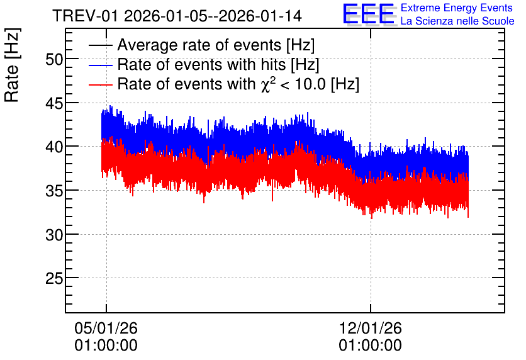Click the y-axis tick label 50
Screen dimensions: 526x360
point(54,60)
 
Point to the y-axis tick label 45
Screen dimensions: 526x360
point(54,104)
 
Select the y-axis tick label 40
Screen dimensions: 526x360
point(54,147)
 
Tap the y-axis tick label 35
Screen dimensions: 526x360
point(54,191)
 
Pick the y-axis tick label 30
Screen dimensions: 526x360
point(54,235)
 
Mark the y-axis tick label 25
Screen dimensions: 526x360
point(54,278)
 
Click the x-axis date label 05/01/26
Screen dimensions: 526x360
point(106,328)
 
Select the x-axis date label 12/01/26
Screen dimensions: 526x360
point(371,328)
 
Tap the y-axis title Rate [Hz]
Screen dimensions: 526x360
point(12,65)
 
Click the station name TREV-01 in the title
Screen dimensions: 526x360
point(85,16)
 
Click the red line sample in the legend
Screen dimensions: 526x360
point(100,84)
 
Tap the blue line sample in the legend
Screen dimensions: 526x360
point(100,65)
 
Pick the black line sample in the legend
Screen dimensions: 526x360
point(100,45)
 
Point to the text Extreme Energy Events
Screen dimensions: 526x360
point(457,8)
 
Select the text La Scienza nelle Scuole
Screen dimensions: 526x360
point(457,21)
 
